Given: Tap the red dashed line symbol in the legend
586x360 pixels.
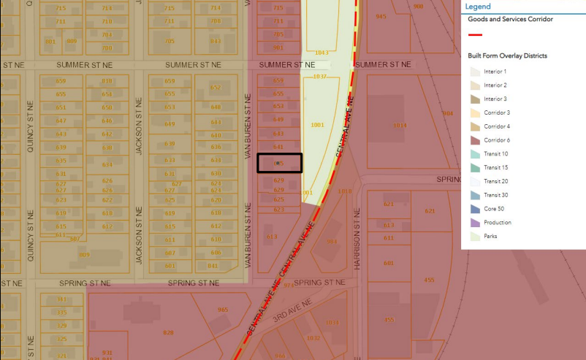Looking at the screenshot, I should (x=475, y=34).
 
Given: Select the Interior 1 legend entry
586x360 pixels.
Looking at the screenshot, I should (x=495, y=72).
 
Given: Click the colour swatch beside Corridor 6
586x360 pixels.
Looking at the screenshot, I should (x=475, y=140).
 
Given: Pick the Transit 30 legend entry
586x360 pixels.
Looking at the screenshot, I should (x=496, y=195).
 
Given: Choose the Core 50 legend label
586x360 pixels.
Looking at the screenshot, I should (x=494, y=209).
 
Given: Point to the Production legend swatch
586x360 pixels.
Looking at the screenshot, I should (x=475, y=223).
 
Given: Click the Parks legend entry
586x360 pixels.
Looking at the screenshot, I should (x=490, y=236).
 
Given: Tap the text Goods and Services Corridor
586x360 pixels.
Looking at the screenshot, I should (x=510, y=19).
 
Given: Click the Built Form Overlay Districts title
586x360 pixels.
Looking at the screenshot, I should (x=507, y=55).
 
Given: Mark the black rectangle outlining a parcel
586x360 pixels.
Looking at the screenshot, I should (x=279, y=163).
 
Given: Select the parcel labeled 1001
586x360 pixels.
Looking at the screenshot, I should (x=317, y=125).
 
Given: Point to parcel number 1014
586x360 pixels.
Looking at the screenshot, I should (x=399, y=126).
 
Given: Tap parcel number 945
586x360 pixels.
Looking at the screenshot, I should (x=381, y=16).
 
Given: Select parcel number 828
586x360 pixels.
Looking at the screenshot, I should (x=168, y=333).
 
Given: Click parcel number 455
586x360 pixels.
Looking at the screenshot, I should (x=429, y=280).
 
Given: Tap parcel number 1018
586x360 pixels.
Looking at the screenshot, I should (x=345, y=192).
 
